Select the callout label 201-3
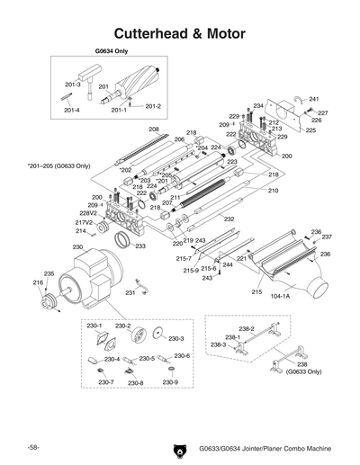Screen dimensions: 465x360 [71, 85]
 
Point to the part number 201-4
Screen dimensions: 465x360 [71, 111]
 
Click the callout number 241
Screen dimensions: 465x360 [314, 98]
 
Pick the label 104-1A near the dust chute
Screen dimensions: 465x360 [281, 295]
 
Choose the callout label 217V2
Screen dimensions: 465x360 [84, 221]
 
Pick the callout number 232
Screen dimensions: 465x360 [229, 244]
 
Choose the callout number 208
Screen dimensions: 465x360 [154, 130]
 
